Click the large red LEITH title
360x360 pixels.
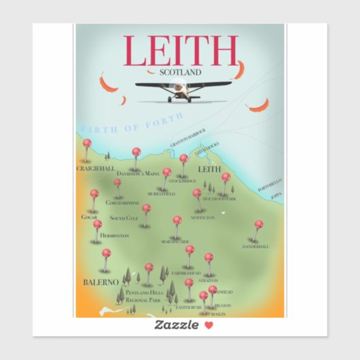[180, 50]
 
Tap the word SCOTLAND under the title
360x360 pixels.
[180, 71]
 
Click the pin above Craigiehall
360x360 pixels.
[87, 143]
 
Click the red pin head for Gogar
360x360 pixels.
[94, 194]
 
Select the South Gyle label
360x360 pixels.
[124, 218]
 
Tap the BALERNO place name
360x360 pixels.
[101, 281]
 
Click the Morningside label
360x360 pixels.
[176, 242]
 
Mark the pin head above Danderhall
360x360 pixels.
[259, 223]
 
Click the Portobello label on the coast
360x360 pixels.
[270, 185]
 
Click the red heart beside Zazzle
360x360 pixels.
[209, 325]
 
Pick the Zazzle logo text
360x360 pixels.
[175, 325]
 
